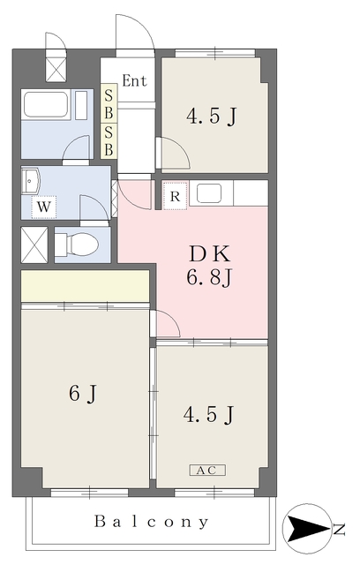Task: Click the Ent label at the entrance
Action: (x=134, y=80)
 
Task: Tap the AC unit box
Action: (x=207, y=470)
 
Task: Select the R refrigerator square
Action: (x=175, y=196)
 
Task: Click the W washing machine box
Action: (x=44, y=207)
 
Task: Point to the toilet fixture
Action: (x=77, y=244)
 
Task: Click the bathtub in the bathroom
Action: (x=46, y=104)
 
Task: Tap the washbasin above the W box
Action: (x=31, y=181)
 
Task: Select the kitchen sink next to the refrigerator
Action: (x=209, y=193)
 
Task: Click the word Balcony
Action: (x=151, y=522)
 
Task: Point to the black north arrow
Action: (x=309, y=529)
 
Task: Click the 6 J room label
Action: (x=83, y=393)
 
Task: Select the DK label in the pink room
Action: (x=209, y=253)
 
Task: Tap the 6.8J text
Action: (x=209, y=277)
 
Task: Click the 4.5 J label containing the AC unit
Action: (x=209, y=414)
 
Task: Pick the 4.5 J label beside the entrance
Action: (x=212, y=116)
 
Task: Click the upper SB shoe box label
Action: (x=109, y=104)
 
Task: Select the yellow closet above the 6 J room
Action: (x=86, y=286)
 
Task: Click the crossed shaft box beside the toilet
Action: (x=34, y=245)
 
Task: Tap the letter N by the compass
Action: (x=339, y=530)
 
